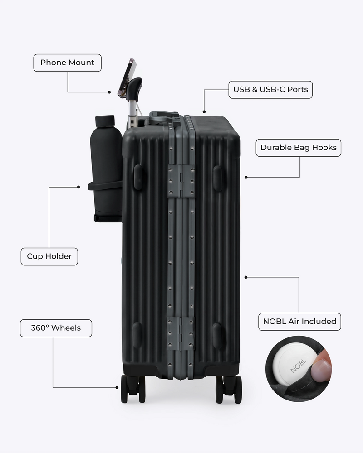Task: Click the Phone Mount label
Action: pyautogui.click(x=68, y=63)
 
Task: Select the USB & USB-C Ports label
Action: pyautogui.click(x=270, y=90)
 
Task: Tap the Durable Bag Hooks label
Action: pyautogui.click(x=299, y=148)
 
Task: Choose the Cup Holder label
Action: pyautogui.click(x=49, y=256)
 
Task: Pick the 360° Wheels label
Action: pyautogui.click(x=56, y=328)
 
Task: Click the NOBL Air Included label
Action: pyautogui.click(x=299, y=322)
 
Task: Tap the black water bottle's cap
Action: pyautogui.click(x=105, y=121)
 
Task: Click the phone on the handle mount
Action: pyautogui.click(x=127, y=77)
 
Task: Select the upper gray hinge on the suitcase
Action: pyautogui.click(x=181, y=182)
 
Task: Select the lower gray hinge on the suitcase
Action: pyautogui.click(x=181, y=333)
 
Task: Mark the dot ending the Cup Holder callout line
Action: pyautogui.click(x=78, y=187)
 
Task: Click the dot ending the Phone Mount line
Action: pyautogui.click(x=109, y=92)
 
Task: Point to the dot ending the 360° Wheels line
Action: pyautogui.click(x=117, y=387)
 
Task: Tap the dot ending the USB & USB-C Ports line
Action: pyautogui.click(x=204, y=111)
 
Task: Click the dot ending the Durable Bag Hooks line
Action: pyautogui.click(x=246, y=177)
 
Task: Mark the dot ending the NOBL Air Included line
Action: pyautogui.click(x=246, y=277)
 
